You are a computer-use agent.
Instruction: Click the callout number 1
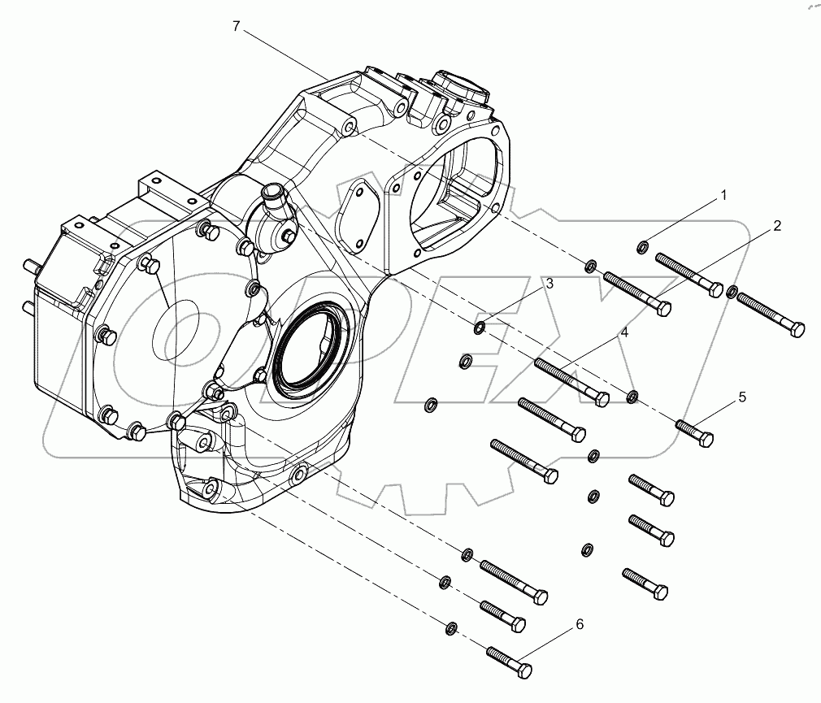pyautogui.click(x=722, y=196)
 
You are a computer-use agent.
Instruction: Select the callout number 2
pyautogui.click(x=776, y=227)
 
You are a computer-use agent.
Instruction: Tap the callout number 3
pyautogui.click(x=550, y=284)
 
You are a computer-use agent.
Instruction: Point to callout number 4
pyautogui.click(x=624, y=332)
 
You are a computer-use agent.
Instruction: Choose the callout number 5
pyautogui.click(x=741, y=397)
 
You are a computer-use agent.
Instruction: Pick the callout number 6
pyautogui.click(x=579, y=624)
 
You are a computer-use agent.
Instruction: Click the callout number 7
pyautogui.click(x=236, y=26)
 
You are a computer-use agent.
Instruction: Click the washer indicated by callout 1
pyautogui.click(x=642, y=247)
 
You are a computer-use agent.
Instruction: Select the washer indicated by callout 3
pyautogui.click(x=480, y=328)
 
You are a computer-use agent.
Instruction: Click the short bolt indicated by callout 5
pyautogui.click(x=693, y=431)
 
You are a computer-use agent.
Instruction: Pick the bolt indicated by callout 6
pyautogui.click(x=509, y=661)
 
